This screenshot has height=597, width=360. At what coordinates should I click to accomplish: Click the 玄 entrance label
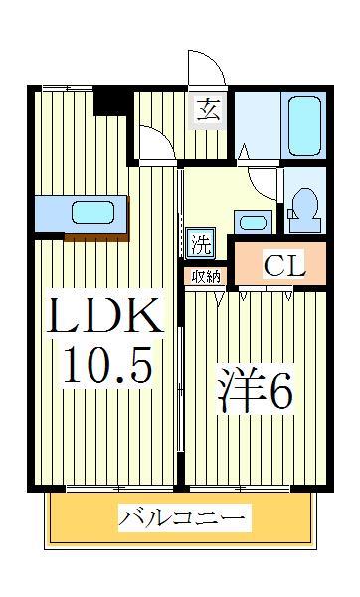click(207, 109)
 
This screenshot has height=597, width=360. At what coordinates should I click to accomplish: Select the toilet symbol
click(303, 204)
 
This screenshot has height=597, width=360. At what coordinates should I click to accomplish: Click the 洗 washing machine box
click(200, 241)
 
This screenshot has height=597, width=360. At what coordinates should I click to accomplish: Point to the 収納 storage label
click(205, 276)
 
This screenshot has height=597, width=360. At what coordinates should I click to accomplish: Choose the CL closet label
click(283, 265)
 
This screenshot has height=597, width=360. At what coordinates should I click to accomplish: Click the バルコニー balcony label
click(185, 518)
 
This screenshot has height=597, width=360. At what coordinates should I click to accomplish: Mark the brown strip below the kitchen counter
click(96, 236)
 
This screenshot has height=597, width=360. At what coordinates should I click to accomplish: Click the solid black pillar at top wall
click(111, 101)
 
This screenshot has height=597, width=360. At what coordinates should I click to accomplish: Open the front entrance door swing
click(207, 68)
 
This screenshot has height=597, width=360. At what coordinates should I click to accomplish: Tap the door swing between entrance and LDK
click(155, 144)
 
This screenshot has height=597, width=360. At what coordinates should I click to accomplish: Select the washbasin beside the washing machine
click(251, 221)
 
